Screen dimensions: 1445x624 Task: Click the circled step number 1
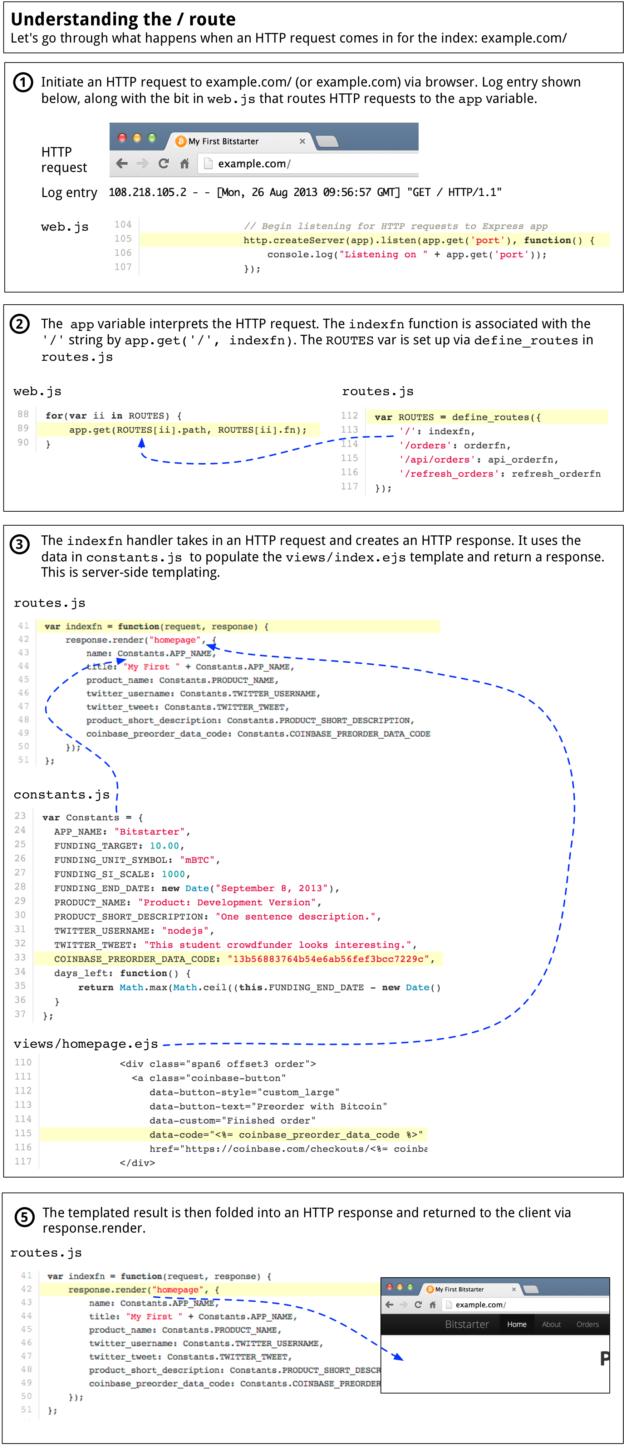(23, 83)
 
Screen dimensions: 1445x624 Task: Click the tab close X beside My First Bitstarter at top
(302, 141)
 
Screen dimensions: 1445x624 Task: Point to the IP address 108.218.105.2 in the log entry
(147, 192)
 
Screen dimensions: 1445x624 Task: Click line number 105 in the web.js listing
(123, 239)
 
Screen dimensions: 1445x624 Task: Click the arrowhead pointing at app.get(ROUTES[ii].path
(142, 443)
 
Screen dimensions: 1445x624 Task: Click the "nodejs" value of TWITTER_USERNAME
(185, 930)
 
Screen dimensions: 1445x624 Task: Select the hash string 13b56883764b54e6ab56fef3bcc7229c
(328, 959)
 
